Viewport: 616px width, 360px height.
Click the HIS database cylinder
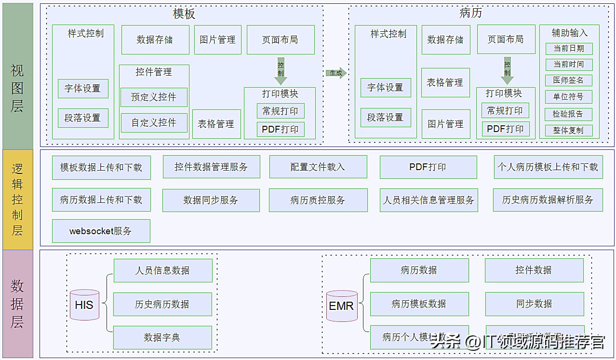click(84, 305)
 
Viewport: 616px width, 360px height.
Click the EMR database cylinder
click(342, 306)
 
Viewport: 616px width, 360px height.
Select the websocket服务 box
click(101, 231)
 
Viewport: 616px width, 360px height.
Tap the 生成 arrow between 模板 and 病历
click(336, 73)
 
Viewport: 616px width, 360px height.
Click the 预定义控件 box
click(154, 97)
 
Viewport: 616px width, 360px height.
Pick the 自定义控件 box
click(154, 122)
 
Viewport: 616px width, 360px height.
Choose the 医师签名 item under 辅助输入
click(569, 80)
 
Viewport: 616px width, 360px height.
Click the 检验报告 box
click(569, 114)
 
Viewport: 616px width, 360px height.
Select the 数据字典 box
click(162, 337)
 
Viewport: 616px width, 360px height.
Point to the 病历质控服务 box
click(318, 200)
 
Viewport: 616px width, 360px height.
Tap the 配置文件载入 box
click(318, 167)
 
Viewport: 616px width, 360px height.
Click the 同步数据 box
click(534, 304)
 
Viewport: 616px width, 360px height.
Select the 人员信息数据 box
click(162, 270)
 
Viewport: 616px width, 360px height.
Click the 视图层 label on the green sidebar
click(17, 88)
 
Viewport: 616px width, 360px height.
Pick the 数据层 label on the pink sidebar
click(17, 304)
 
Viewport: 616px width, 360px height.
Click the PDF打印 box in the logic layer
click(428, 167)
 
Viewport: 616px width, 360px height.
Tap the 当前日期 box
click(569, 49)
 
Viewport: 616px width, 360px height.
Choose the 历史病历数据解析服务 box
click(548, 200)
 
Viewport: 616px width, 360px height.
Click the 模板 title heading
click(184, 14)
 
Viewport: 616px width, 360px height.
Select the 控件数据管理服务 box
click(211, 167)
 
